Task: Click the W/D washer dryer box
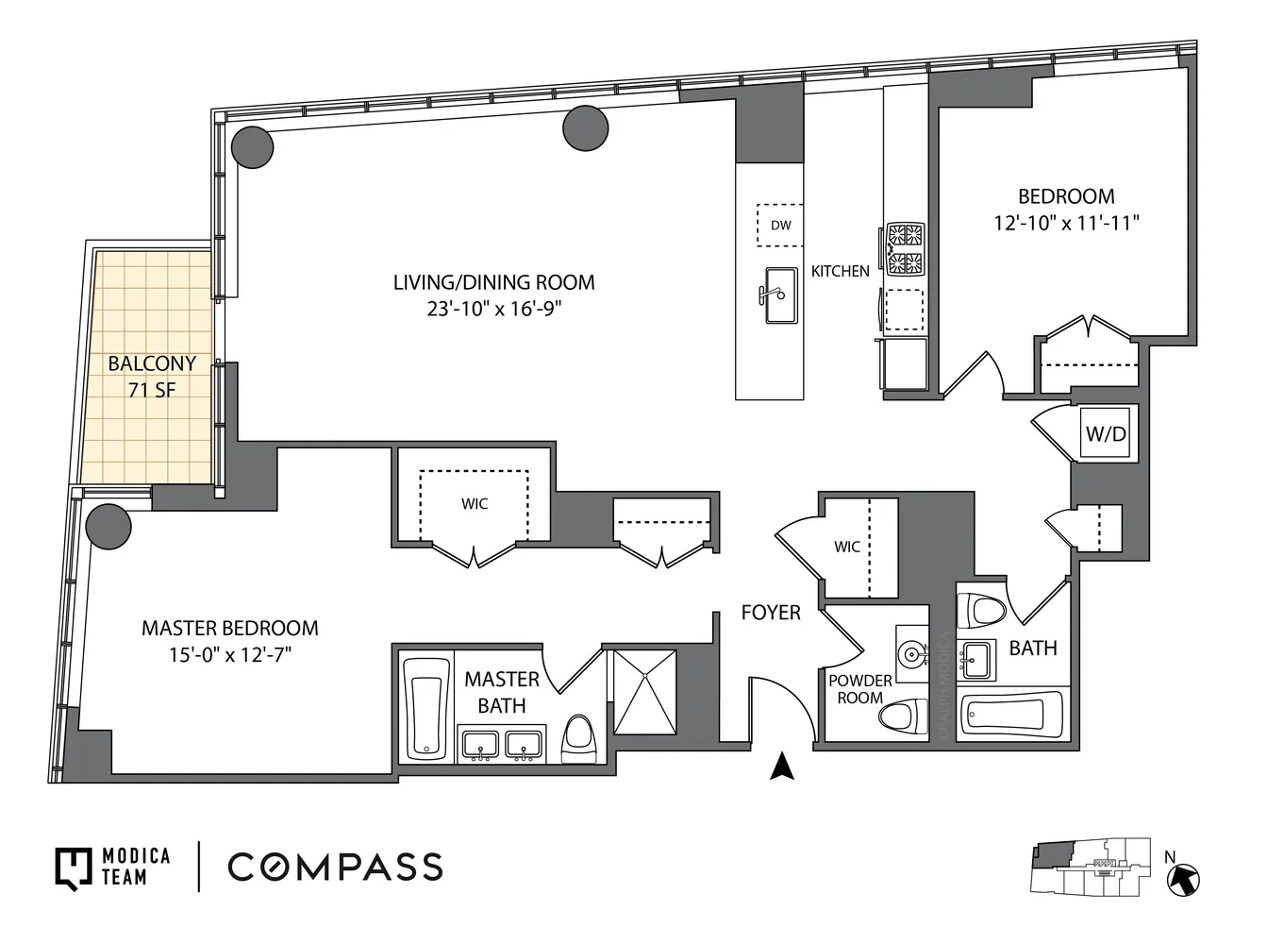pyautogui.click(x=1106, y=434)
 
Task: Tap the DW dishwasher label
pyautogui.click(x=780, y=225)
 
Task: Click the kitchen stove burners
pyautogui.click(x=905, y=248)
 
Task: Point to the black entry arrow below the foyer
pyautogui.click(x=782, y=766)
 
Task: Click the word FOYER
pyautogui.click(x=770, y=613)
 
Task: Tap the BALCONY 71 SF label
pyautogui.click(x=152, y=376)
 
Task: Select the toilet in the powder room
pyautogui.click(x=903, y=715)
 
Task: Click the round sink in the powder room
pyautogui.click(x=910, y=652)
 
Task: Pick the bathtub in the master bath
pyautogui.click(x=426, y=708)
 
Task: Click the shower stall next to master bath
pyautogui.click(x=645, y=691)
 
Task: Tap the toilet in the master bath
pyautogui.click(x=578, y=736)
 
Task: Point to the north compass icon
pyautogui.click(x=1183, y=879)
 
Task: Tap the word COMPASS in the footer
pyautogui.click(x=335, y=867)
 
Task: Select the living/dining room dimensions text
pyautogui.click(x=493, y=309)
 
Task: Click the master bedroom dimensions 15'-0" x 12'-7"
pyautogui.click(x=229, y=654)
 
